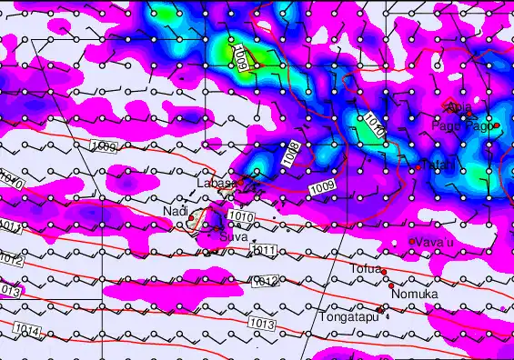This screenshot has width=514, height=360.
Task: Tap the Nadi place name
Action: [174, 211]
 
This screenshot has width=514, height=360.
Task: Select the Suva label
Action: [234, 236]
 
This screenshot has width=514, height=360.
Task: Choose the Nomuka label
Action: [414, 295]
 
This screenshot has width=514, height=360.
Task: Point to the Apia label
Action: [459, 108]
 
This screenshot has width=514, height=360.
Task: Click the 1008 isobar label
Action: [291, 154]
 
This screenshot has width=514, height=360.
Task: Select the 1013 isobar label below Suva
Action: [261, 324]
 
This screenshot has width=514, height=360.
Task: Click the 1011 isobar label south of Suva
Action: [264, 250]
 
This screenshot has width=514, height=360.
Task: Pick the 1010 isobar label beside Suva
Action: [241, 216]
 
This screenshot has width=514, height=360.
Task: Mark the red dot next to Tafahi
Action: [418, 168]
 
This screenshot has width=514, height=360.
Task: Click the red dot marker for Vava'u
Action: [412, 241]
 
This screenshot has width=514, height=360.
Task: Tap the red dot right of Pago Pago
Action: [497, 125]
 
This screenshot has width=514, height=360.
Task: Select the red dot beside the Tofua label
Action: [384, 271]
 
